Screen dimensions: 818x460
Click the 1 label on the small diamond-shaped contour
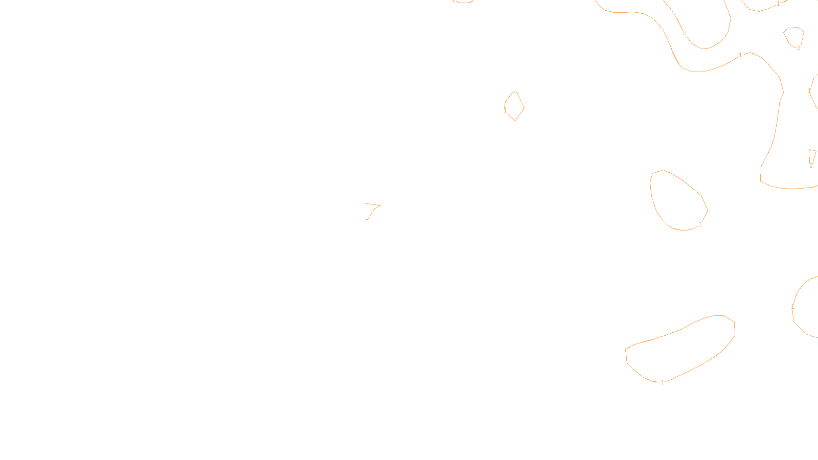click(505, 110)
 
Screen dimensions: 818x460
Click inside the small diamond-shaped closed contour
click(514, 106)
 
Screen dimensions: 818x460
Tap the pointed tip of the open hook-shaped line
click(380, 206)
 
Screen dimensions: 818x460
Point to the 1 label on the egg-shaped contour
click(700, 224)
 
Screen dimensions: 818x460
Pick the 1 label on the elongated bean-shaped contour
click(663, 382)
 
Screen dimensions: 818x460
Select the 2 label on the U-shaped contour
click(685, 34)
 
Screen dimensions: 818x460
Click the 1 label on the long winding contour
click(740, 55)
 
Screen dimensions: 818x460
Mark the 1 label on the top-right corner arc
click(778, 4)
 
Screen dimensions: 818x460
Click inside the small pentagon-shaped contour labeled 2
click(794, 36)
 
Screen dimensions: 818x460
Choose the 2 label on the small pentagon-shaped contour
click(799, 48)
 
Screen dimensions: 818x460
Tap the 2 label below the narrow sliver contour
click(811, 166)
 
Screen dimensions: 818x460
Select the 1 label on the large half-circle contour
click(793, 307)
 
